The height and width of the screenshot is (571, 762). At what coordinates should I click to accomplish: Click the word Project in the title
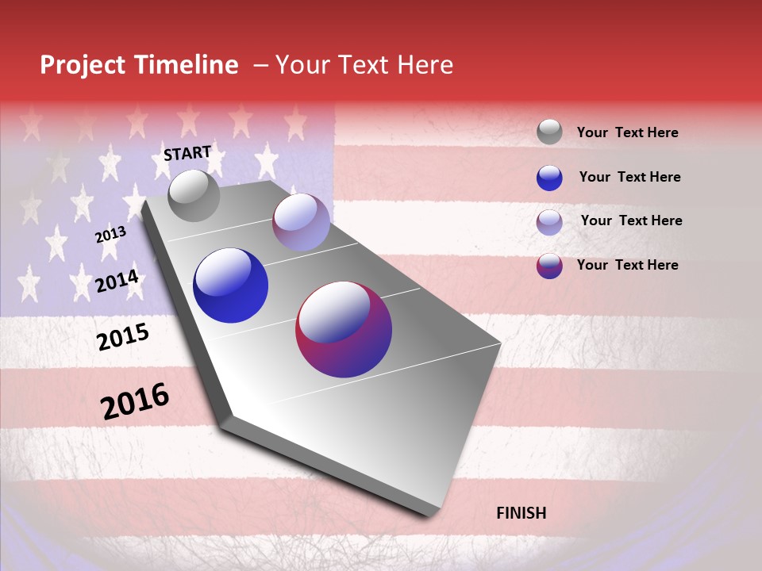tap(82, 65)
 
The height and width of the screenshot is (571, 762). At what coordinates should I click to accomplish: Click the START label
tap(187, 153)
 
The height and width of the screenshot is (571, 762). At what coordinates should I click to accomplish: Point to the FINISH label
tap(521, 513)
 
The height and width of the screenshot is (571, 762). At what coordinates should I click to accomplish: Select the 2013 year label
tap(110, 235)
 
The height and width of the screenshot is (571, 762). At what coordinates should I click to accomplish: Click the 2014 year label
tap(117, 281)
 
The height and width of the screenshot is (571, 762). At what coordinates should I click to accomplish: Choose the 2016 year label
tap(135, 401)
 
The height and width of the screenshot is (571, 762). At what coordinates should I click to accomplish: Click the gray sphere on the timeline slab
tap(194, 195)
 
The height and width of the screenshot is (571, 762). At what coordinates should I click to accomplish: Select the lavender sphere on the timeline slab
tap(301, 222)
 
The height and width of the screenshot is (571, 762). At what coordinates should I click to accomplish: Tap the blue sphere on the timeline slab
tap(230, 285)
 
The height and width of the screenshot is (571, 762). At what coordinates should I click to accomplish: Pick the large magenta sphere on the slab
tap(344, 329)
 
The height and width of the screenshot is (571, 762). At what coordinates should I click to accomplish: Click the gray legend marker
tap(549, 132)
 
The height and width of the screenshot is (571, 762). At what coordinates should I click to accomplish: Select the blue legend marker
tap(549, 178)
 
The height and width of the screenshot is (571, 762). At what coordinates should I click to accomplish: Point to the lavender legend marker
tap(549, 222)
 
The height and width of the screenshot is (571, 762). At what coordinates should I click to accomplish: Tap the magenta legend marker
tap(549, 266)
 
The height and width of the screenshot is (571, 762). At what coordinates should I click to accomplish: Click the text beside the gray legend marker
tap(627, 133)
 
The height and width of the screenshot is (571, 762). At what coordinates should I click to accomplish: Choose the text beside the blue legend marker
tap(629, 177)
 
